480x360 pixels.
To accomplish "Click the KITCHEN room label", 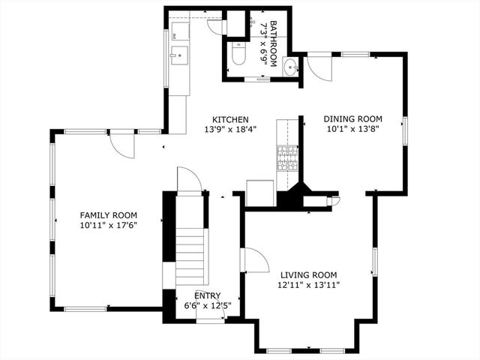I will (230, 119).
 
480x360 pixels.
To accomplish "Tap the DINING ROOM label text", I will (352, 118).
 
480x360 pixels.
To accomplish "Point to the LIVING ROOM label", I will (308, 274).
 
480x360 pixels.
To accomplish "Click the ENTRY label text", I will (208, 295).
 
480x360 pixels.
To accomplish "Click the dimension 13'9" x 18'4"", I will (230, 129).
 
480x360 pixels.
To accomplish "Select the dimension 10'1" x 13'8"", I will (352, 129).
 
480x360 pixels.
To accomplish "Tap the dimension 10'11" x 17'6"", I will (109, 223).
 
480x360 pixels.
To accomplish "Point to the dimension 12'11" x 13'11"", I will (308, 285).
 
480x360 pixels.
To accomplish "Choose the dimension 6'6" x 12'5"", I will (208, 305).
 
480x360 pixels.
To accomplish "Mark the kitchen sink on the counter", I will (179, 54).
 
